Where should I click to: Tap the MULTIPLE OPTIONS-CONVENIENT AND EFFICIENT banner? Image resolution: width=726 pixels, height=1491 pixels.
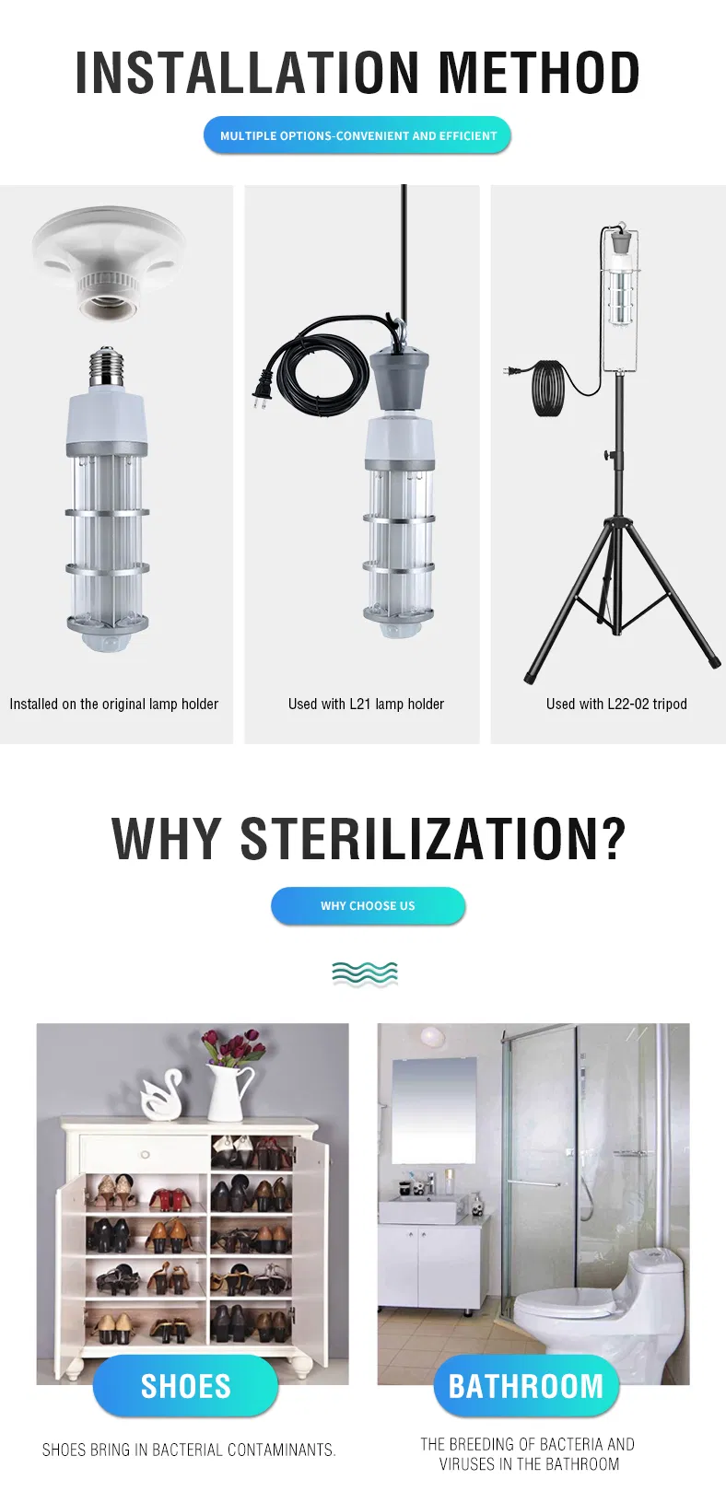pos(357,135)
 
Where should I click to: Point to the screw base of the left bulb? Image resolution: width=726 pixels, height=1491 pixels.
pos(106,366)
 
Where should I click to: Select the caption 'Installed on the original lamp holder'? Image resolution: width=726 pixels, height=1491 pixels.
pos(114,704)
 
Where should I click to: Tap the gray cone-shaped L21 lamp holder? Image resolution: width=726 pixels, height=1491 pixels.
pos(400,381)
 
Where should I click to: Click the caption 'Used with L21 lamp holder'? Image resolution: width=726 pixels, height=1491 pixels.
pos(366,704)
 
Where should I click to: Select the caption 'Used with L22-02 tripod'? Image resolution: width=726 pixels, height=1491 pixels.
pos(616,704)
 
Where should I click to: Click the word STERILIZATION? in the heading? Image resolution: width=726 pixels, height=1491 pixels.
pos(433,838)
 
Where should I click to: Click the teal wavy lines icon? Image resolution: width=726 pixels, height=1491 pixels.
pos(365,973)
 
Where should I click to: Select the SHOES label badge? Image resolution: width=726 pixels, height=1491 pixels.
pos(185,1386)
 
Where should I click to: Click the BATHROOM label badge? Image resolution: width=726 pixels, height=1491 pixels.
pos(526,1386)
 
